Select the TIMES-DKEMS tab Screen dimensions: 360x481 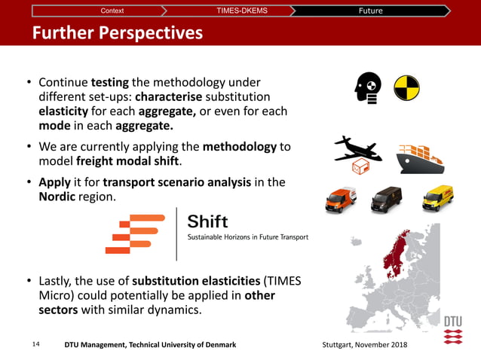point(241,11)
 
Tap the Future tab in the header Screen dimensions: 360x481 point(370,11)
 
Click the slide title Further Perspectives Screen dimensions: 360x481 point(117,33)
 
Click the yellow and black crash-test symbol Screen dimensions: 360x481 point(407,88)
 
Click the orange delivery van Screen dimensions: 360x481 point(340,200)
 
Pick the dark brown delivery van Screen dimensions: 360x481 point(386,200)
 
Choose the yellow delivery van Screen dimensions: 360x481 point(437,198)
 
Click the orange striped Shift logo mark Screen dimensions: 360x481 point(135,233)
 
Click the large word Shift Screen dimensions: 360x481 point(207,222)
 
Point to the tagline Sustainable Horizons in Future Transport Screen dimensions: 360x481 point(247,238)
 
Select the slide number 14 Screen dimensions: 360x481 point(35,344)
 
